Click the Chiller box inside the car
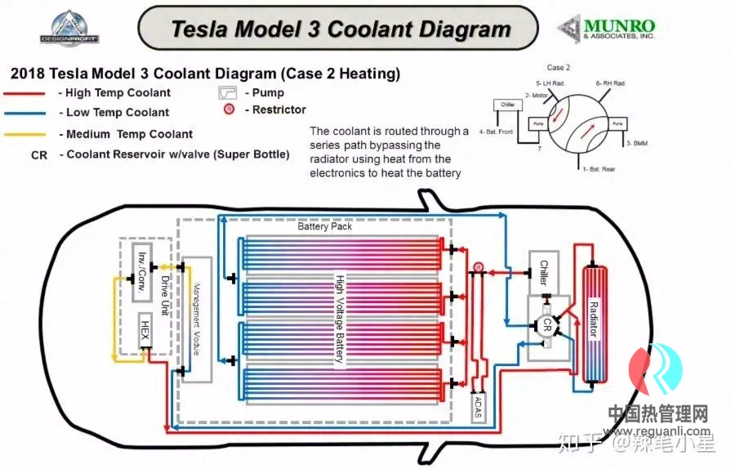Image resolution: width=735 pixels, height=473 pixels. (x=544, y=271)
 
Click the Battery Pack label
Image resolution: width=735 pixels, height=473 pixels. (x=325, y=226)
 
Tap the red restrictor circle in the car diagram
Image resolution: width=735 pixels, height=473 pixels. (x=479, y=266)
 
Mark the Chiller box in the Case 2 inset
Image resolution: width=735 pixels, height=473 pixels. (x=506, y=105)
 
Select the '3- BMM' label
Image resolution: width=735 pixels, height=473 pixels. (x=637, y=143)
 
